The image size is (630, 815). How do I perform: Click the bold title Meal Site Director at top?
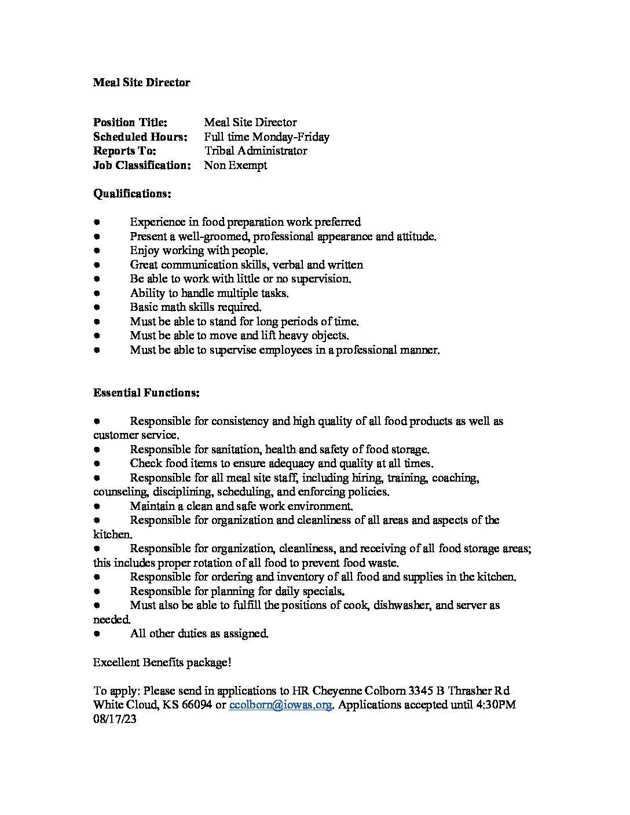click(x=141, y=83)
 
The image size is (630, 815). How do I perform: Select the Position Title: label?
click(x=130, y=123)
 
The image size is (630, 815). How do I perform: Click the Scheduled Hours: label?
click(x=140, y=137)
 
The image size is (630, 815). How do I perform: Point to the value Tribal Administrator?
click(x=255, y=151)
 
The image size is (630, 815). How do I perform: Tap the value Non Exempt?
click(x=235, y=166)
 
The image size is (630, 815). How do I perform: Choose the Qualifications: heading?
click(x=132, y=194)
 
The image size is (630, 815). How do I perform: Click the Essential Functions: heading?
click(x=146, y=393)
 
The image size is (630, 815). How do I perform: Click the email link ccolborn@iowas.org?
click(x=281, y=705)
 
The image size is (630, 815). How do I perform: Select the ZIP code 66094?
click(x=195, y=705)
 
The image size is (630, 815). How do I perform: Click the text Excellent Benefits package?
click(x=162, y=662)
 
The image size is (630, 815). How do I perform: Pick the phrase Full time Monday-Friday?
click(x=266, y=137)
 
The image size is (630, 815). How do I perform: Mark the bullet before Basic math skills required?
click(x=97, y=307)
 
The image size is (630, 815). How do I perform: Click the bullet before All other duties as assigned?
click(x=97, y=634)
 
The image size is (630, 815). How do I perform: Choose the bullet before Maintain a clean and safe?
click(x=97, y=506)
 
